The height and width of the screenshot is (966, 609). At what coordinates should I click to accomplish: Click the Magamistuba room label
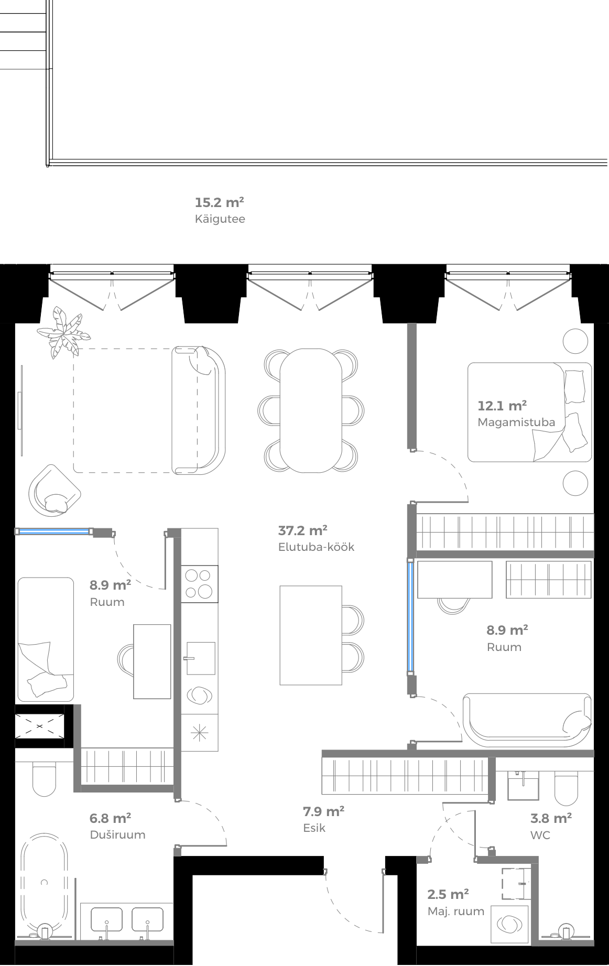click(516, 422)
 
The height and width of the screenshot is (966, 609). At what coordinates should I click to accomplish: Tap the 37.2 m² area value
click(302, 531)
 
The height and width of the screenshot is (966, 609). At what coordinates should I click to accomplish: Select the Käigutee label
click(220, 219)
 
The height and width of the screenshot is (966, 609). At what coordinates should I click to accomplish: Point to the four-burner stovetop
click(199, 583)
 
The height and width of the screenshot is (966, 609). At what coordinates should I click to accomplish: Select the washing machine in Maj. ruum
click(509, 924)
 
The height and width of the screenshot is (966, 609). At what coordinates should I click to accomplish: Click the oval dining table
click(311, 410)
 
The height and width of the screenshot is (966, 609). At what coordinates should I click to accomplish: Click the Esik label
click(314, 828)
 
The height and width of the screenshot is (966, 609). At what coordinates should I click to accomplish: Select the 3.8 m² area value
click(551, 818)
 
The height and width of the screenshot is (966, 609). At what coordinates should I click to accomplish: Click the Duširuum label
click(117, 835)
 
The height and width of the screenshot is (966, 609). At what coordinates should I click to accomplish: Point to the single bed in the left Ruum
click(46, 639)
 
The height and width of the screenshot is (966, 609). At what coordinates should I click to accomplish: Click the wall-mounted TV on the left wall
click(21, 410)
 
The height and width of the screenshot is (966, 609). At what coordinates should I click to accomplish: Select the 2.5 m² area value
click(448, 895)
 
